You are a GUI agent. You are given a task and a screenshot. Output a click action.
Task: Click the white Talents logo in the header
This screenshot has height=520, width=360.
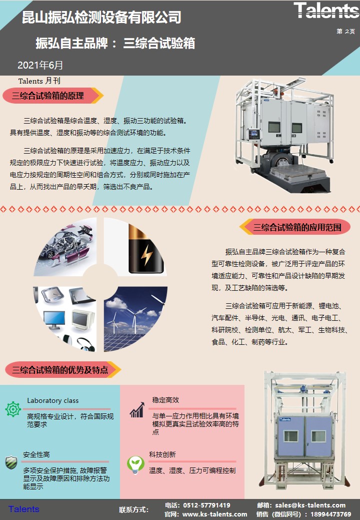click(326, 11)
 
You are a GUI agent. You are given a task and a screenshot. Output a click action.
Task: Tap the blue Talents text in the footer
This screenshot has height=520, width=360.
click(24, 509)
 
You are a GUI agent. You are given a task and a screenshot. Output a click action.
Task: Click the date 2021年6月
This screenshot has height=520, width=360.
click(40, 65)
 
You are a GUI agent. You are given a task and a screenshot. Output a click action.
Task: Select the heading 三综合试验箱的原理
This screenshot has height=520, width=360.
click(48, 96)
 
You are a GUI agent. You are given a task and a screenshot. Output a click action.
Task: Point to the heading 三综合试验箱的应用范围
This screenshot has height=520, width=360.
click(297, 227)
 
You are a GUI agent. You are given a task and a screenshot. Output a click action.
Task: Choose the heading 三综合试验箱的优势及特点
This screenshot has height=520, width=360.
click(60, 370)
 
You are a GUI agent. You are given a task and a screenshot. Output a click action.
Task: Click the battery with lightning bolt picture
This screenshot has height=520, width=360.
click(135, 247)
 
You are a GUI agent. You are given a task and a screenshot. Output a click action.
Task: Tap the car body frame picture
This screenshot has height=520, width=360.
click(65, 247)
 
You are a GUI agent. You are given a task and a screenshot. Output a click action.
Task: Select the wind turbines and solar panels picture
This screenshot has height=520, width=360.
click(135, 319)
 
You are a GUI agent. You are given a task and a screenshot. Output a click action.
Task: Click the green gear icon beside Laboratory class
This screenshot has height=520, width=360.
click(13, 409)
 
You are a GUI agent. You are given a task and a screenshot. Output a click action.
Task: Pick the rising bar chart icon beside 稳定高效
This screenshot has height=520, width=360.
click(137, 410)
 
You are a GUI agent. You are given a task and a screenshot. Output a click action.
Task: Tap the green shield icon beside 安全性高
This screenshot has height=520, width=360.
click(11, 462)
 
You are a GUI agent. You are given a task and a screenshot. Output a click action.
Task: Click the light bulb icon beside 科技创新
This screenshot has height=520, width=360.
click(135, 464)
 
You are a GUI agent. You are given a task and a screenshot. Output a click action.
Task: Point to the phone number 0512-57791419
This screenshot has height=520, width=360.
click(206, 505)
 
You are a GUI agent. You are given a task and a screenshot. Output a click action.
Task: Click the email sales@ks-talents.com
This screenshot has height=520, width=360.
click(310, 505)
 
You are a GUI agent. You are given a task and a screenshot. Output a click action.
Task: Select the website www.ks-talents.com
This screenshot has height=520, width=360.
click(214, 514)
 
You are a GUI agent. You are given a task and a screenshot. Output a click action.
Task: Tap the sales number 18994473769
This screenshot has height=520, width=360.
click(331, 514)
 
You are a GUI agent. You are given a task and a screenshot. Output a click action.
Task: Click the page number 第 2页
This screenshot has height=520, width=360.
click(346, 31)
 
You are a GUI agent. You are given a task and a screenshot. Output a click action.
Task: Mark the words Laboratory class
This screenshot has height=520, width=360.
click(53, 400)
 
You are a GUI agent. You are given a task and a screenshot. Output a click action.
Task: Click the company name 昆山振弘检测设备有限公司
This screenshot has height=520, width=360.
click(101, 17)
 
